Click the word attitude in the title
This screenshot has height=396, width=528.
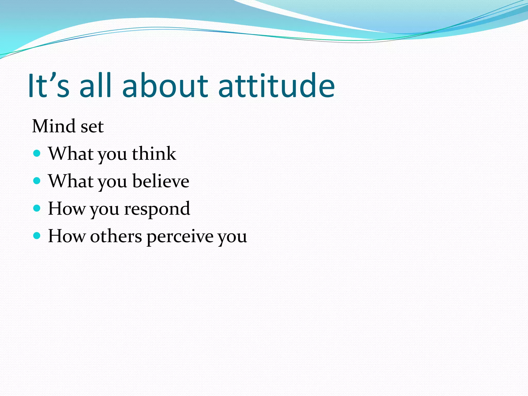point(276,86)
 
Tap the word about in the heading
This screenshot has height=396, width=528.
point(165,86)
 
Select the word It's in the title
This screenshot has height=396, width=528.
point(48,86)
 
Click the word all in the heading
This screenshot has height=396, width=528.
point(95,86)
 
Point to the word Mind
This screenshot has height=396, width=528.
point(54,126)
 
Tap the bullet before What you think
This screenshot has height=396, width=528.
point(37,154)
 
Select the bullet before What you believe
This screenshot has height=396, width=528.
point(37,181)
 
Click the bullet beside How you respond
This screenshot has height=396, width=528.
point(37,208)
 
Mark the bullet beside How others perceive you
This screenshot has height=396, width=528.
point(37,236)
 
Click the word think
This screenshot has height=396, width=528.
point(154,154)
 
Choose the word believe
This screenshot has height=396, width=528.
point(161,181)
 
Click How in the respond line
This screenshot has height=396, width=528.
point(67,208)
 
